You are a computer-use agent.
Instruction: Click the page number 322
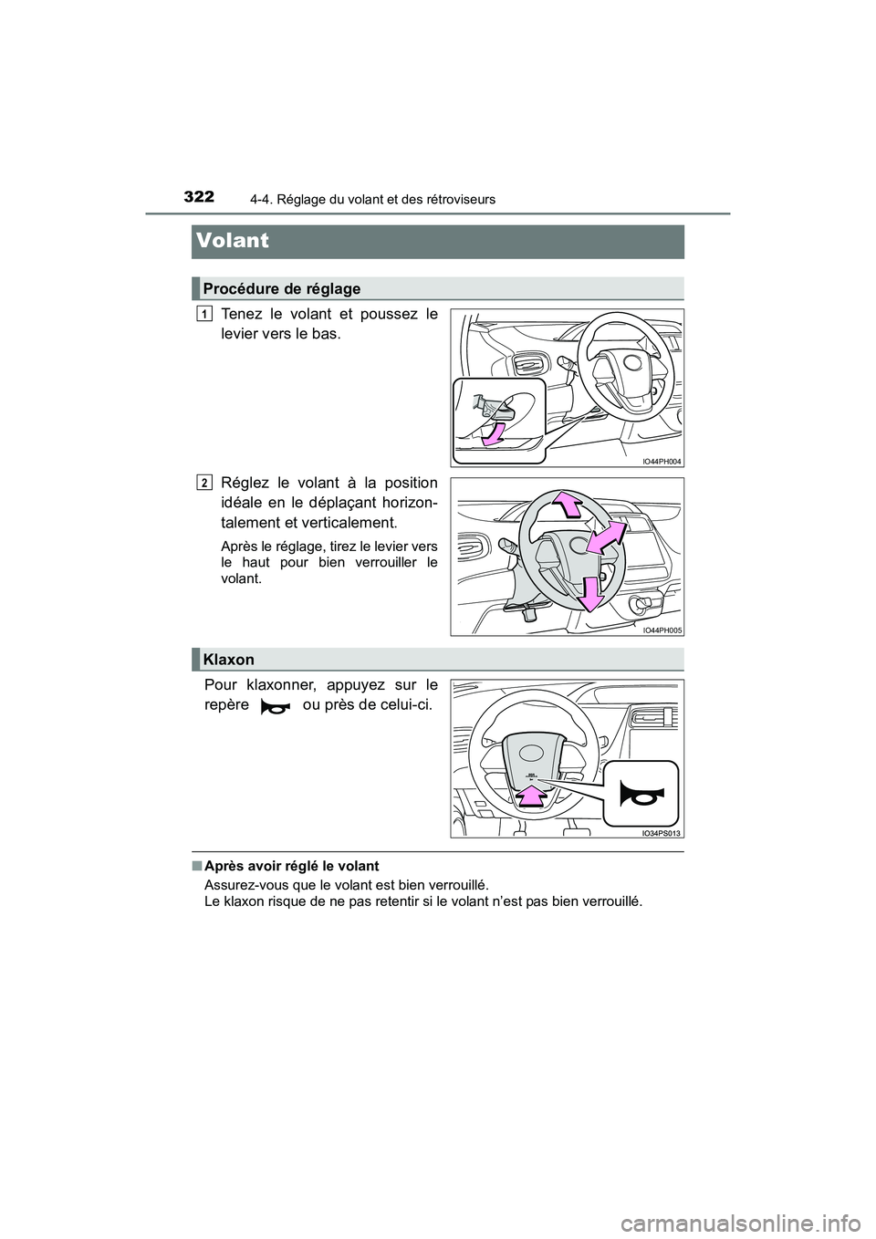pyautogui.click(x=199, y=196)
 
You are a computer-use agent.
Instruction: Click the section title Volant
pyautogui.click(x=233, y=241)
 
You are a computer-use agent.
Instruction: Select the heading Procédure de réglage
pyautogui.click(x=282, y=288)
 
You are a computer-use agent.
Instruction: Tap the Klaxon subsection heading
pyautogui.click(x=229, y=659)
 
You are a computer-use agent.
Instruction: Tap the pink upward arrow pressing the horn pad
pyautogui.click(x=531, y=798)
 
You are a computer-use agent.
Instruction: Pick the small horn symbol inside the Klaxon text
pyautogui.click(x=275, y=706)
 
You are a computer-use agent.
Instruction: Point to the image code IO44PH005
pyautogui.click(x=662, y=630)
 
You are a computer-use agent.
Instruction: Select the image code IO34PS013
pyautogui.click(x=662, y=832)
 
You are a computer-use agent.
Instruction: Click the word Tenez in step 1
pyautogui.click(x=240, y=314)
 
